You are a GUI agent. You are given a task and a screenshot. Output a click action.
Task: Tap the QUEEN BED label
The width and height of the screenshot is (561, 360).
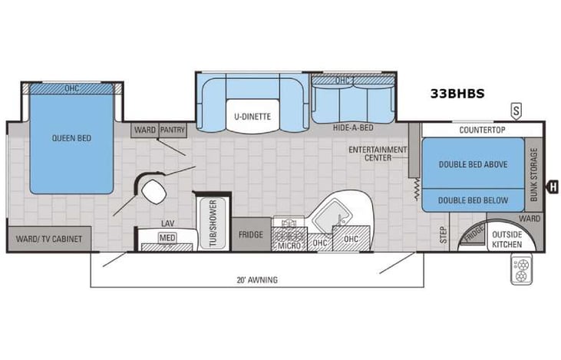pos(72,138)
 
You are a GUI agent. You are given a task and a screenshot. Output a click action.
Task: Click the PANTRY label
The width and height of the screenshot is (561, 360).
pos(173,130)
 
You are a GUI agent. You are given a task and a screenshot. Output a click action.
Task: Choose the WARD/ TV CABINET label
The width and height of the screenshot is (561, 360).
pos(48,239)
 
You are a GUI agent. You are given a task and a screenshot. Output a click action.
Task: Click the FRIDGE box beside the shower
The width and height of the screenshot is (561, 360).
pos(250,234)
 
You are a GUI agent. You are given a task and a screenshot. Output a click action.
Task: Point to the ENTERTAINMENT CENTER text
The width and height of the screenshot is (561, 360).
pos(377,153)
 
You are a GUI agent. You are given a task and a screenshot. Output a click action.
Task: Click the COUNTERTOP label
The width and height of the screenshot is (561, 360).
pos(482,130)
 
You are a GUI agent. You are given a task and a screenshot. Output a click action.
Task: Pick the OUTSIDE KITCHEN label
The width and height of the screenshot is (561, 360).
pos(507,239)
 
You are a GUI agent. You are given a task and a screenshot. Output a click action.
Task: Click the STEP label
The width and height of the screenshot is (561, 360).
pos(443,233)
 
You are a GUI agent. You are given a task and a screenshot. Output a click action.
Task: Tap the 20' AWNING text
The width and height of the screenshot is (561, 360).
pos(257,279)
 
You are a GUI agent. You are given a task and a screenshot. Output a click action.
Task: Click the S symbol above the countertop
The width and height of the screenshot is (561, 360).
pos(516,111)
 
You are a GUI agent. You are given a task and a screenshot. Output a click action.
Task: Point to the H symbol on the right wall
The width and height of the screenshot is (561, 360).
pos(551,185)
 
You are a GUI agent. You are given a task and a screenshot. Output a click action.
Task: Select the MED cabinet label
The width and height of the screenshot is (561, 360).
pos(167,238)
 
